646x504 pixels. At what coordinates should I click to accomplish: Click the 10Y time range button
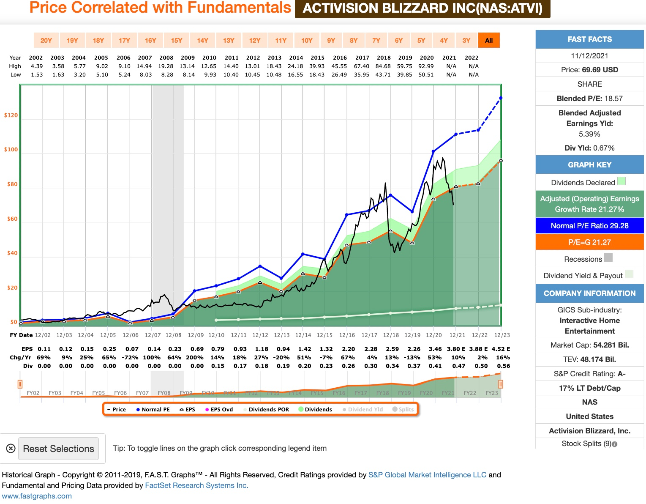(x=307, y=41)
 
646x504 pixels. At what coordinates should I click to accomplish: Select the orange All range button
(x=489, y=41)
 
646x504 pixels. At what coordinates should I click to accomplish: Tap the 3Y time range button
(x=466, y=41)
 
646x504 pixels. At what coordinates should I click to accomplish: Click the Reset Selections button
(x=58, y=449)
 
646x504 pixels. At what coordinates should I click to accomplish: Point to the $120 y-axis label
(x=11, y=115)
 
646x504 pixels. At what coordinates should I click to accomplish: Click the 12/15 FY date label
(x=324, y=335)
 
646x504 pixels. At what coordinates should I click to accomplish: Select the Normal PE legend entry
(x=153, y=410)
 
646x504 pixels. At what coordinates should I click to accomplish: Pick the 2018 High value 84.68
(x=383, y=66)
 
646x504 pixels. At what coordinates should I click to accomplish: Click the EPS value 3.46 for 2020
(x=435, y=349)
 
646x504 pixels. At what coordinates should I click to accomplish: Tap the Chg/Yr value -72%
(x=132, y=358)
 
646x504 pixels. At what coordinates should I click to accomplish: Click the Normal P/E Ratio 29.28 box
(x=589, y=226)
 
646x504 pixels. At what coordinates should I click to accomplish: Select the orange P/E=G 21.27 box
(x=589, y=242)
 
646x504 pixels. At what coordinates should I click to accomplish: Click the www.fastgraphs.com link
(x=37, y=496)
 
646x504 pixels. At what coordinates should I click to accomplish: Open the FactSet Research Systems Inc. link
(x=196, y=485)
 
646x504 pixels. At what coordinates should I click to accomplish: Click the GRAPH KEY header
(x=589, y=165)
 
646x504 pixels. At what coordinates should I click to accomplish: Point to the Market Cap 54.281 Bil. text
(x=589, y=345)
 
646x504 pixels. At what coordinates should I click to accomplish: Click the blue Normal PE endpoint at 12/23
(x=501, y=98)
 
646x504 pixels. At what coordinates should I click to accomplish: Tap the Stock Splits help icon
(x=615, y=444)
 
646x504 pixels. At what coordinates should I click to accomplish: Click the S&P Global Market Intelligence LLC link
(x=427, y=475)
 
